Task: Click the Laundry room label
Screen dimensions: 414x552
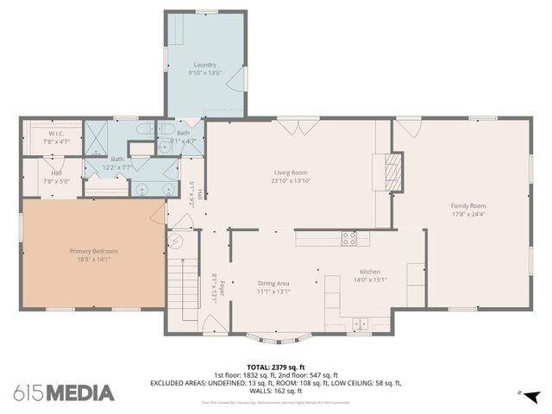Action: coord(204,65)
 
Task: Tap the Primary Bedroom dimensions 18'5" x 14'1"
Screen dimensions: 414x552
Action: coord(93,259)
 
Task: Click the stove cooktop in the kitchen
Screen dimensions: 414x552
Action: coord(349,237)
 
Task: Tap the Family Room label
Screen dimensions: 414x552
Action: coord(468,205)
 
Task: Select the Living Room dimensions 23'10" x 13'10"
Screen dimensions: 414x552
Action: coord(292,181)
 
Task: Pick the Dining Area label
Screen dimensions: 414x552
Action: coord(273,283)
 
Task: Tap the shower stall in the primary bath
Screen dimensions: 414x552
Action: coord(97,136)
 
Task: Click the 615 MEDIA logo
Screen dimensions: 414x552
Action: coord(64,392)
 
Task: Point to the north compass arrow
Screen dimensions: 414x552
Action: coord(532,396)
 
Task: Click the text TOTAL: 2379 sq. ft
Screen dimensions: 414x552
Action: coord(275,367)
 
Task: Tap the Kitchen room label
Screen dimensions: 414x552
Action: coord(370,272)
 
